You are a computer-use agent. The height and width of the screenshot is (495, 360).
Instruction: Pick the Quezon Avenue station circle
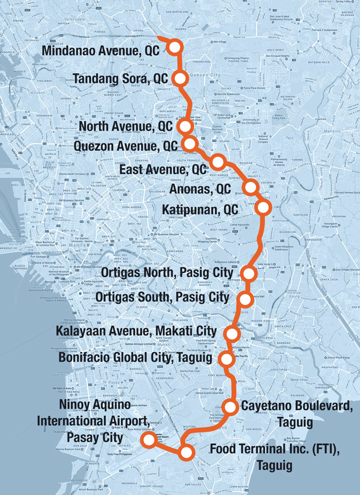(x=190, y=143)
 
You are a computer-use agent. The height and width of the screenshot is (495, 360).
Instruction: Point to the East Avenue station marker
(x=218, y=162)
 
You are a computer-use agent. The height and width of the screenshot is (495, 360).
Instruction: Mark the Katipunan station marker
(x=262, y=208)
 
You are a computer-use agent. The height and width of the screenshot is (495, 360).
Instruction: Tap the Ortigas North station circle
(x=249, y=273)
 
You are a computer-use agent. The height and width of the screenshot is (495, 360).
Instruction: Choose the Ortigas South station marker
(x=245, y=298)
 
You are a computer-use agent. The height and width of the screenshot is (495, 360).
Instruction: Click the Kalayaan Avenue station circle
(x=232, y=333)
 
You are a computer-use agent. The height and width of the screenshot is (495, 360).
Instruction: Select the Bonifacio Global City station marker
(x=227, y=358)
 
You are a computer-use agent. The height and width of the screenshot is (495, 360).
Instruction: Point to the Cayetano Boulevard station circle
(x=231, y=406)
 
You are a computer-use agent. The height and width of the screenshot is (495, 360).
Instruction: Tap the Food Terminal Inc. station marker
(x=186, y=451)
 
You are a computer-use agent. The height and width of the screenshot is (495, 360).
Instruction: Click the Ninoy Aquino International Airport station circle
(x=148, y=440)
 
